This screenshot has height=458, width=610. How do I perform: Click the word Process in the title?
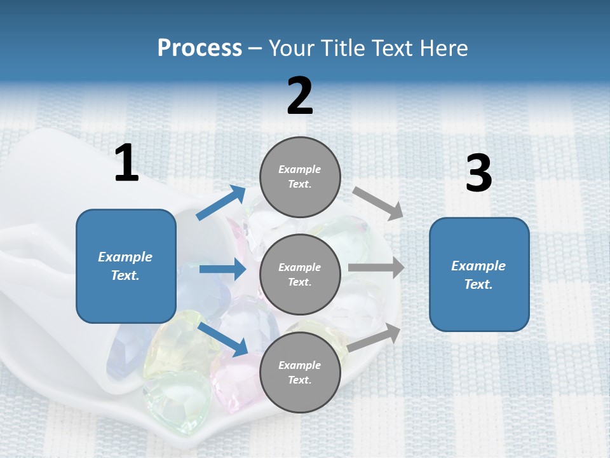pos(200,48)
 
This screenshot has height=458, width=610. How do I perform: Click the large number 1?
pos(126,164)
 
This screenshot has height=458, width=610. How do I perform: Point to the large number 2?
pos(300,96)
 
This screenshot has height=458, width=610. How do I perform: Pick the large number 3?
pos(478,174)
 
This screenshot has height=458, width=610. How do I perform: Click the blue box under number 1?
pos(126,266)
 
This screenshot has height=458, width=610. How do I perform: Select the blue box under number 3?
pos(479,274)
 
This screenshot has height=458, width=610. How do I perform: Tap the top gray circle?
pos(300,177)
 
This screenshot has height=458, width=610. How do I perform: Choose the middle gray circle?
pos(300,274)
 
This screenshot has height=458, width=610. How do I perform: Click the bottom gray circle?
pos(300,372)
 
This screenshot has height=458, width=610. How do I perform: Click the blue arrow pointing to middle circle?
pos(222,269)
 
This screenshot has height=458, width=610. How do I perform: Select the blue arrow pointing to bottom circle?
pos(223,338)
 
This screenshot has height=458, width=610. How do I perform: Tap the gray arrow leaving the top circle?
pos(378,203)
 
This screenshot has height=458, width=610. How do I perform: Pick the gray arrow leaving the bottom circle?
pos(374,338)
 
